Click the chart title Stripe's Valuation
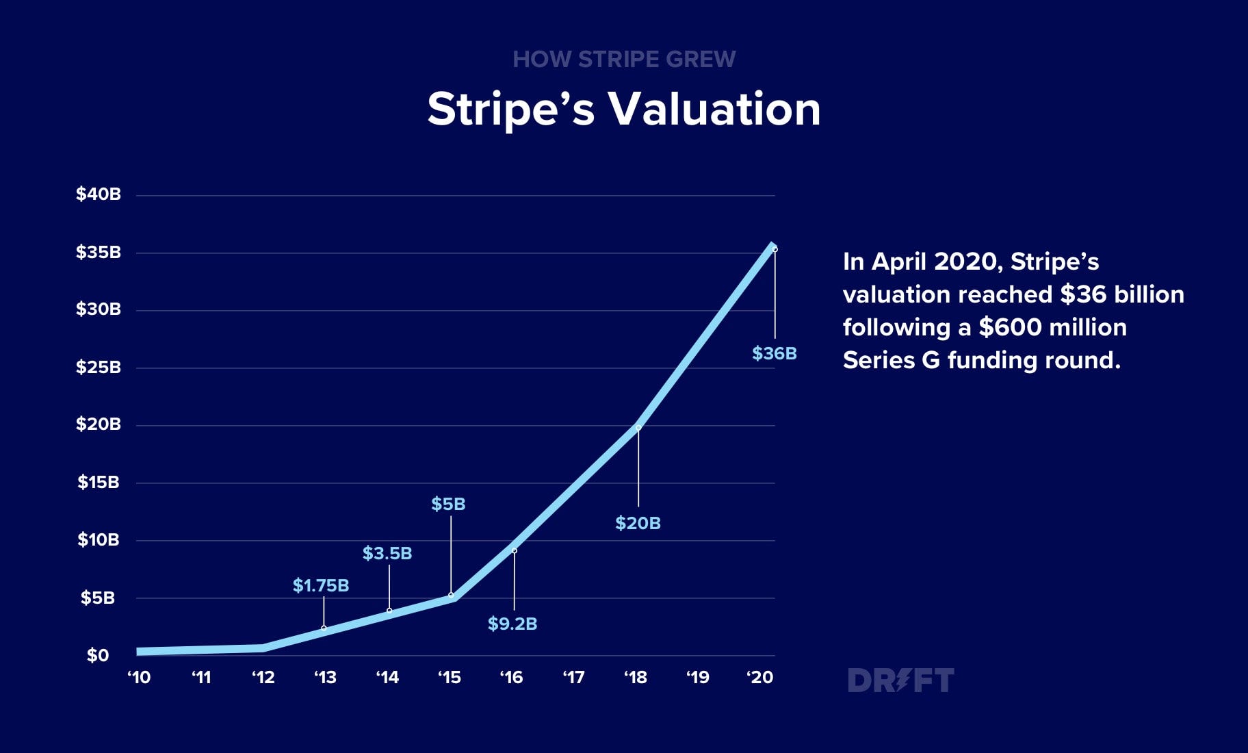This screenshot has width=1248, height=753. click(623, 110)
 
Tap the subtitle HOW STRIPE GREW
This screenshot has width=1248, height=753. click(624, 60)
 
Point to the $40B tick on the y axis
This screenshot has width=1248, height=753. click(99, 194)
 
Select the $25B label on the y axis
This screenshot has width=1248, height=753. click(99, 368)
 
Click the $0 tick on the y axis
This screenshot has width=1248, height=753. click(98, 656)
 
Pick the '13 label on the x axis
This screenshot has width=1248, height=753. click(325, 678)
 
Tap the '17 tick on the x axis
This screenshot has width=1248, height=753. click(573, 678)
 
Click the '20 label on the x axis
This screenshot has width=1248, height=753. click(759, 678)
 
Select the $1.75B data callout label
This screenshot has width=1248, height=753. click(321, 586)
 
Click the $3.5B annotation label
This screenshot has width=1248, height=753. click(387, 553)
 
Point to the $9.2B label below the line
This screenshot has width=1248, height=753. click(512, 624)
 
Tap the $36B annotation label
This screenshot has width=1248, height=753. click(775, 354)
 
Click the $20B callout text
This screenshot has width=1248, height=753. click(638, 524)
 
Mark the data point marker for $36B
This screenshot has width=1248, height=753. click(775, 249)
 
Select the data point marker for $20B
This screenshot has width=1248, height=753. click(638, 428)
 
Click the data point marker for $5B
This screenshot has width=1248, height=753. click(451, 595)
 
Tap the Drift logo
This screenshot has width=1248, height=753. click(900, 680)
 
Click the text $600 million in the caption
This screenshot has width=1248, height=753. click(1052, 327)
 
